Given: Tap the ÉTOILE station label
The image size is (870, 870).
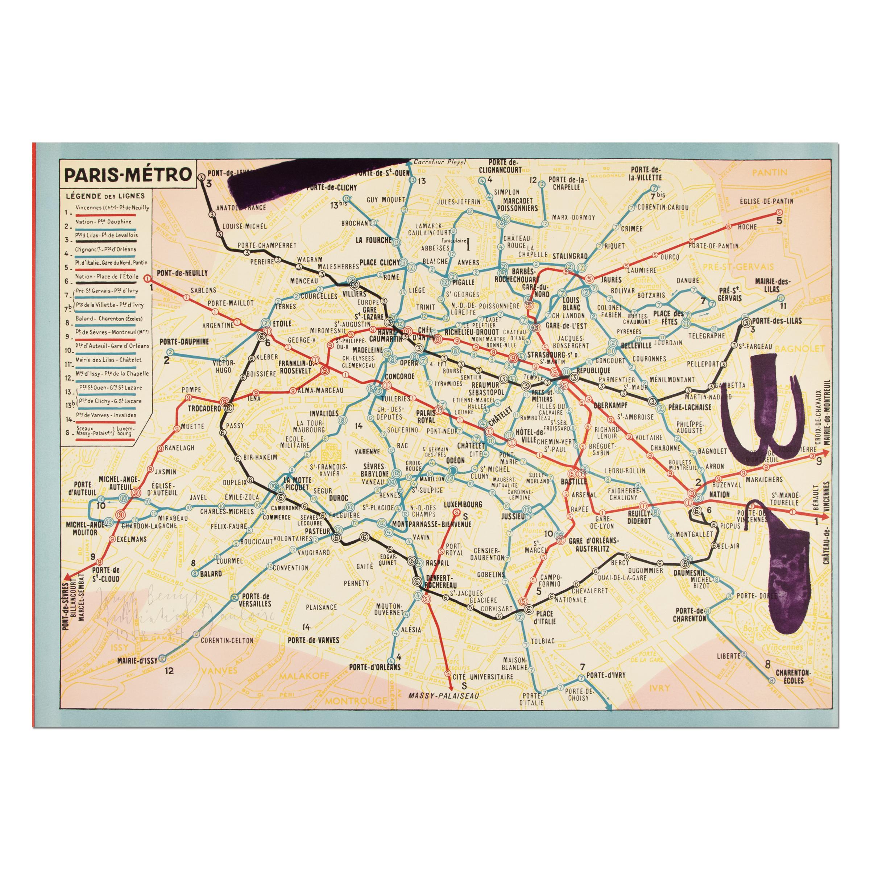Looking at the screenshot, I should coord(282,323).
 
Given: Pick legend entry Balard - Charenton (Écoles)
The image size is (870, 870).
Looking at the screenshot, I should coord(109,319).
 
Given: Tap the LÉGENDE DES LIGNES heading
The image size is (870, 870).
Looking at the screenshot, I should coord(105,196).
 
